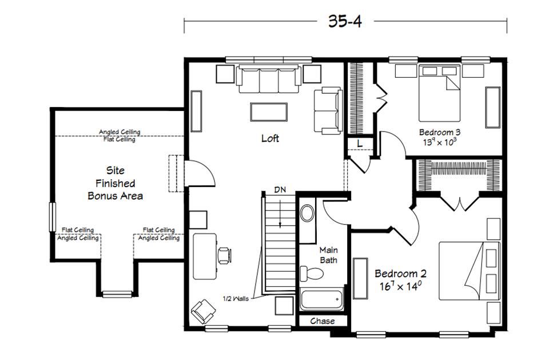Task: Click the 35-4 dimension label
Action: point(345,21)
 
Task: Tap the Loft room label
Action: point(270,139)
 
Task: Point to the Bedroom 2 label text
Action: point(400,274)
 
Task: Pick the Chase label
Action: point(322,321)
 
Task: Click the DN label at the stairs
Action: point(280,189)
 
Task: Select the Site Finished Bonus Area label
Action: point(115,183)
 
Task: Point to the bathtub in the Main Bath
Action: point(321,299)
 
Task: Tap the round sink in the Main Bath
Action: point(307,214)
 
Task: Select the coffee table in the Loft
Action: point(268,111)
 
